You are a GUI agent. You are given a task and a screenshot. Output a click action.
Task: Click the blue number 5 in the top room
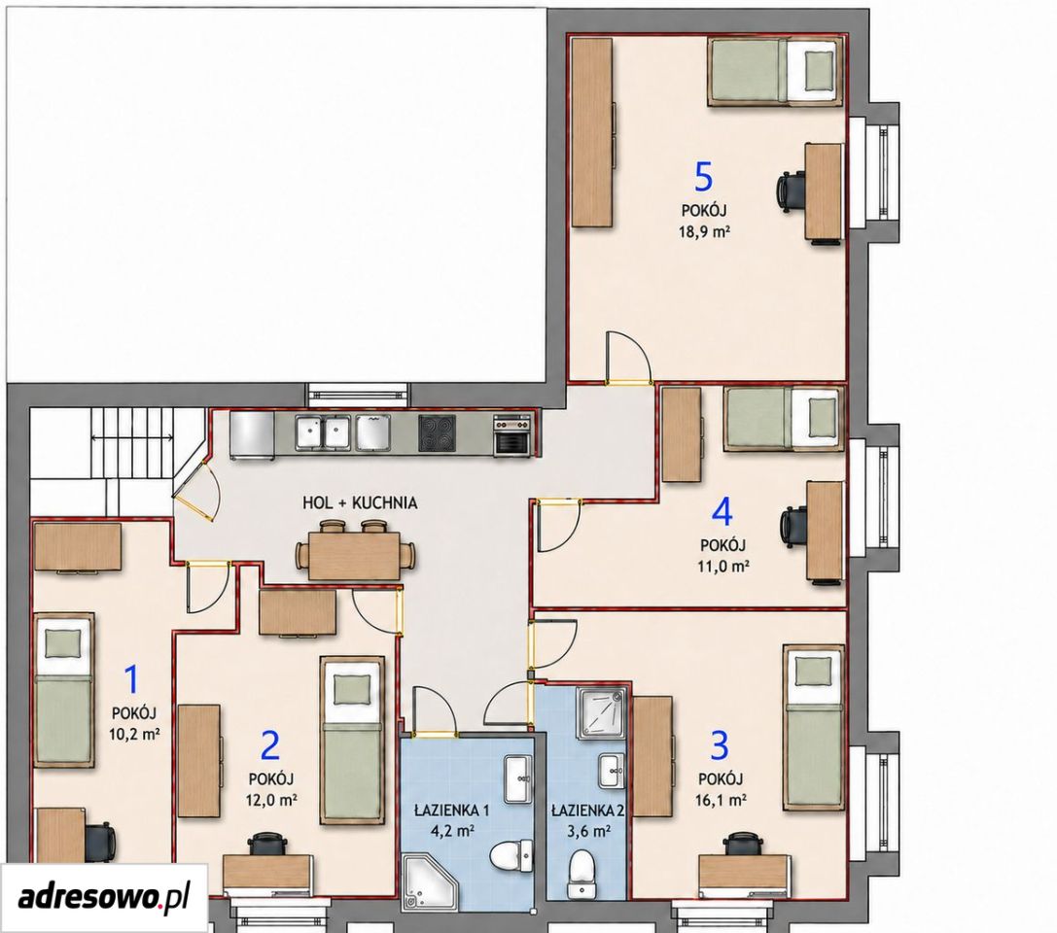(703, 177)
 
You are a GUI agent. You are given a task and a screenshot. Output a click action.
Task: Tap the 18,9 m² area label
(704, 231)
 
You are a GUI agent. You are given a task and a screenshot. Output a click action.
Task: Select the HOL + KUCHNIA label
(359, 502)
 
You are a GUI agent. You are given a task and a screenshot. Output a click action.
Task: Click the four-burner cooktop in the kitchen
(437, 432)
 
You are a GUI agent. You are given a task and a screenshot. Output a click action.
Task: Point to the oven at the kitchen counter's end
(512, 435)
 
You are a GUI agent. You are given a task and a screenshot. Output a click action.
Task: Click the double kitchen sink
(322, 432)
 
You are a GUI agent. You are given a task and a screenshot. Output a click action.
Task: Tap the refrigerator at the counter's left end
(252, 435)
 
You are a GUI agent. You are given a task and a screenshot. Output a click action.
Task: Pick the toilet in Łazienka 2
(581, 875)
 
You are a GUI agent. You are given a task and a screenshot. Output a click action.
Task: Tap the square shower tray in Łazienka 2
(601, 712)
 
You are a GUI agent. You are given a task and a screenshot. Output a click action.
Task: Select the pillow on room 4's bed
(821, 418)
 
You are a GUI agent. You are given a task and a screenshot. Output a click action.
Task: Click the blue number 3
(720, 745)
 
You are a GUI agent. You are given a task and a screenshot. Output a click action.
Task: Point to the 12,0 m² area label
(272, 800)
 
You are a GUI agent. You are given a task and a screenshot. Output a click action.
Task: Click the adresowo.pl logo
(103, 897)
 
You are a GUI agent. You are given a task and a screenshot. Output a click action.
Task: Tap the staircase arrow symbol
(132, 439)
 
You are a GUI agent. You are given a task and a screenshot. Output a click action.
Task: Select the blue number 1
(132, 679)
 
